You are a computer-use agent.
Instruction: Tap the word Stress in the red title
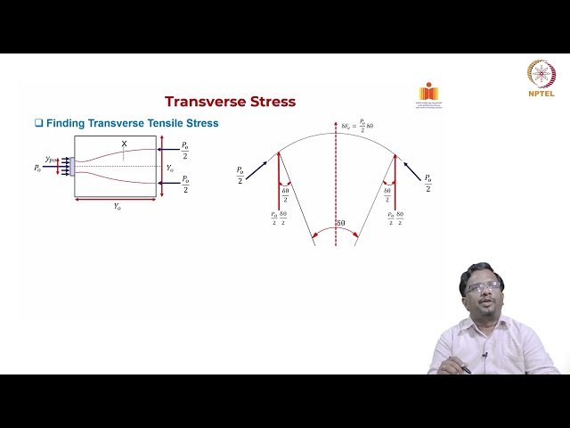(270, 102)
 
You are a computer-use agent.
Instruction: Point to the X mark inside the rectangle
(124, 144)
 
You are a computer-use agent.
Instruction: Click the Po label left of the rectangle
(37, 168)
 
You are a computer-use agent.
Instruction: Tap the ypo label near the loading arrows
(51, 159)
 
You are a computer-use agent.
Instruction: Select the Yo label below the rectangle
(117, 205)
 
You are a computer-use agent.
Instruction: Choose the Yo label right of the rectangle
(170, 167)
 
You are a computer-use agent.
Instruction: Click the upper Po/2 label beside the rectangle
(184, 148)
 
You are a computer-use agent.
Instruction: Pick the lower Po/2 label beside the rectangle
(184, 185)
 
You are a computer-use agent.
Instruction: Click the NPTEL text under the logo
(540, 92)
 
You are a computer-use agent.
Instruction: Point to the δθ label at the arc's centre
(339, 222)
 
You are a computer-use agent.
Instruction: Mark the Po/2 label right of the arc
(427, 183)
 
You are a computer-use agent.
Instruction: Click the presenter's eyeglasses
(482, 288)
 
